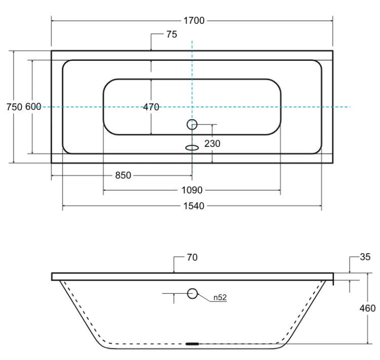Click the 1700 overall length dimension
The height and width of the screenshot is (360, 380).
coord(194,21)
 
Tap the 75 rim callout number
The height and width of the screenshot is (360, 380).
coord(172,34)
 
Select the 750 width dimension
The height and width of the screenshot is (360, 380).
coord(14,107)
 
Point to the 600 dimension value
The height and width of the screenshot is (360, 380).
coord(33,107)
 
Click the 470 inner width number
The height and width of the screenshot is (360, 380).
coord(151,107)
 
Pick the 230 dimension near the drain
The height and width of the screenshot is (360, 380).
coord(212,144)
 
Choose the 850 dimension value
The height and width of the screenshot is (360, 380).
coord(123,175)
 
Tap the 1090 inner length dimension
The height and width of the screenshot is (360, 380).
coord(192,190)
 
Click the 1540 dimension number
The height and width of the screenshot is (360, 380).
coord(194,206)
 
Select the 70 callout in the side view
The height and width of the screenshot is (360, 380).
coord(192,257)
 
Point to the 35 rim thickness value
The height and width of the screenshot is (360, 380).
coord(365,257)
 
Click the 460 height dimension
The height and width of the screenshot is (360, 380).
coord(368,308)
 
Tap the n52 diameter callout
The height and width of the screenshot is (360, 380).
coord(220,297)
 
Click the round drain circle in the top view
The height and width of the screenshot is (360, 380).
coord(192,119)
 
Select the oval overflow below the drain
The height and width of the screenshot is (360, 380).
coord(192,147)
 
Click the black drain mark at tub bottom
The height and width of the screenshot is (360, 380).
coord(192,343)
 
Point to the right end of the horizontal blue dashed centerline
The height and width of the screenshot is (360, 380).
coord(350,107)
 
